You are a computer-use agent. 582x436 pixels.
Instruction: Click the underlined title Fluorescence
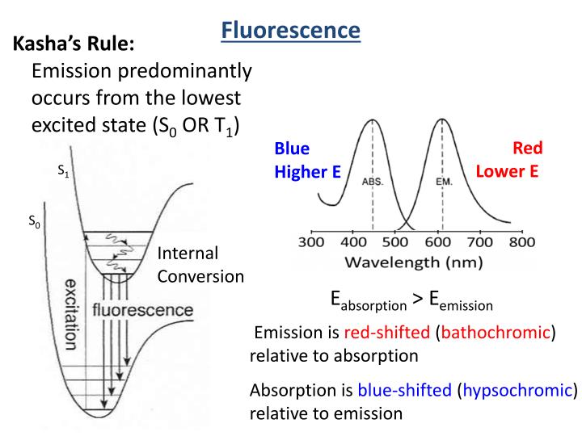[291, 30]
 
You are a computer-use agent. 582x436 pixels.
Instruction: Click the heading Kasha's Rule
[74, 44]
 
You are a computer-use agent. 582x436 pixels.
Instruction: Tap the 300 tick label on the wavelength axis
[311, 242]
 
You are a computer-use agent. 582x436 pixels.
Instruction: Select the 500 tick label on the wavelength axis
[395, 242]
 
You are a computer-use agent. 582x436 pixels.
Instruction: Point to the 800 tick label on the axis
[522, 242]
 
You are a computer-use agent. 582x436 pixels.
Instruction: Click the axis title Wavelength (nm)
[414, 262]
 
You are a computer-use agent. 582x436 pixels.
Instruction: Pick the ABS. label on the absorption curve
[373, 182]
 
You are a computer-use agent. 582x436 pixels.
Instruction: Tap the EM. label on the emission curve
[444, 182]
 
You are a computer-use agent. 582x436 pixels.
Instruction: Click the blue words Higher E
[307, 172]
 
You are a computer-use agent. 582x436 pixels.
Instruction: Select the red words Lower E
[507, 171]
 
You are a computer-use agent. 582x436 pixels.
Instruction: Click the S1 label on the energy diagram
[64, 171]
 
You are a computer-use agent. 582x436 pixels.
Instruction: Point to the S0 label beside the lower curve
[34, 221]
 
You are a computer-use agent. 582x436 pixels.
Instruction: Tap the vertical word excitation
[70, 314]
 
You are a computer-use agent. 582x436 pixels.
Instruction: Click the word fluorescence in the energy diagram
[143, 310]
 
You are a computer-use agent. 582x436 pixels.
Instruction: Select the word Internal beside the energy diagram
[188, 254]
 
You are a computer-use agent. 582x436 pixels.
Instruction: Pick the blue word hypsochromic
[517, 390]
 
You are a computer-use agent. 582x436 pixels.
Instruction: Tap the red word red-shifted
[386, 332]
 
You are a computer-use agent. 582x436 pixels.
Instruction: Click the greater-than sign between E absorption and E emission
[418, 299]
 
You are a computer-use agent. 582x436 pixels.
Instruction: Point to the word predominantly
[185, 71]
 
